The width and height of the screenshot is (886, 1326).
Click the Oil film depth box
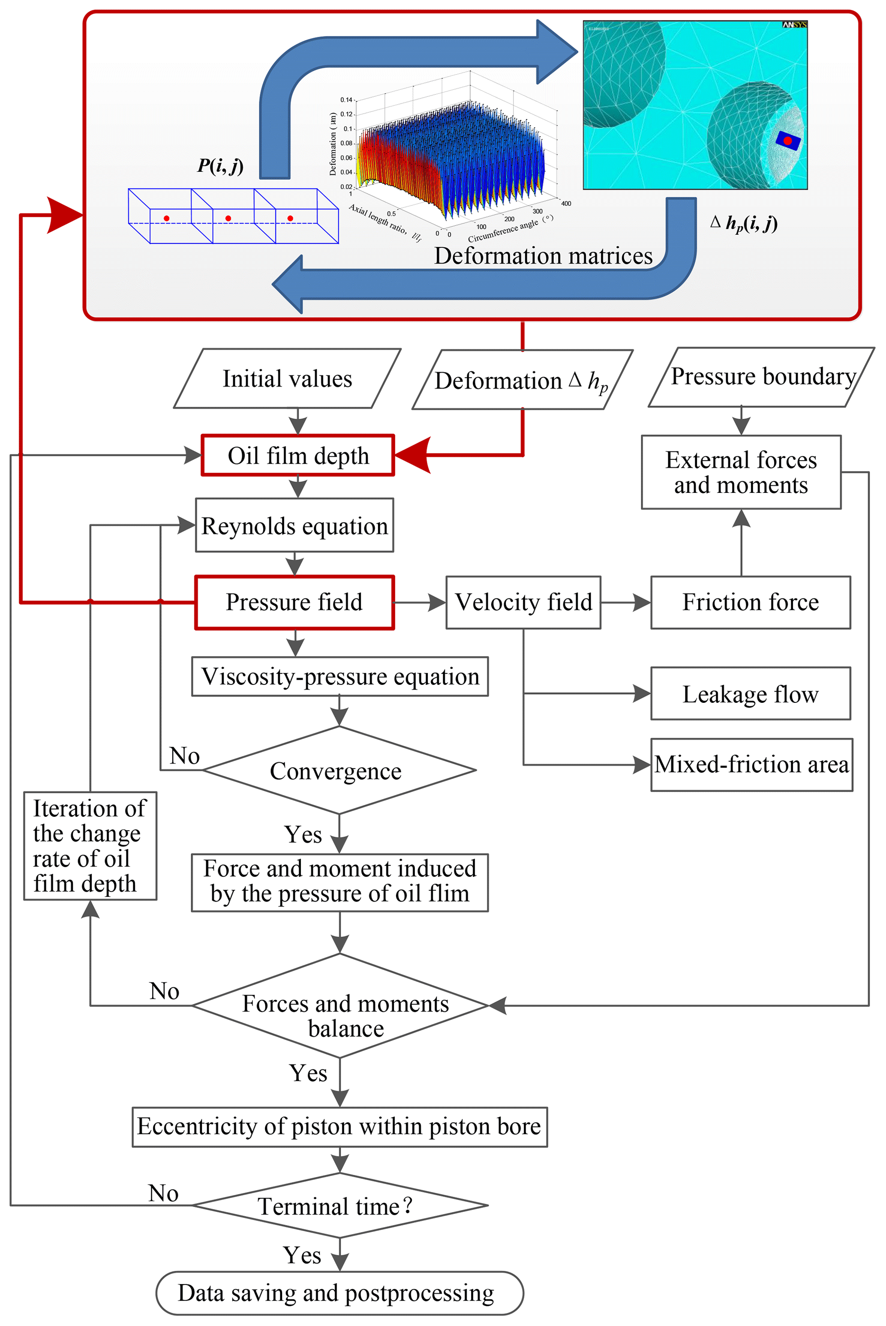pyautogui.click(x=298, y=456)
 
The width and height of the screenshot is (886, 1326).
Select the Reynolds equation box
pyautogui.click(x=294, y=525)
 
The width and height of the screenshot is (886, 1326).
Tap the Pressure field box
pyautogui.click(x=294, y=602)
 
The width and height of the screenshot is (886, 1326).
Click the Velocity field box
pyautogui.click(x=523, y=602)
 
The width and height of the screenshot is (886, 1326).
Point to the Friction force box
pyautogui.click(x=751, y=602)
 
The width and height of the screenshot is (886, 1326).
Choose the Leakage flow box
pyautogui.click(x=751, y=694)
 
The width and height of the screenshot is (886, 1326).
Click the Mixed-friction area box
pyautogui.click(x=751, y=765)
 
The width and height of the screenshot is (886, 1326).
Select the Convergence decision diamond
pyautogui.click(x=339, y=771)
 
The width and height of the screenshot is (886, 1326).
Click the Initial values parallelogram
pyautogui.click(x=287, y=378)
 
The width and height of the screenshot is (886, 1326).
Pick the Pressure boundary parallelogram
pyautogui.click(x=762, y=377)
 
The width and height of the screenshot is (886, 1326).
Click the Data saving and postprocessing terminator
pyautogui.click(x=339, y=1293)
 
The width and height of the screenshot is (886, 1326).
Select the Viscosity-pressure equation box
pyautogui.click(x=339, y=676)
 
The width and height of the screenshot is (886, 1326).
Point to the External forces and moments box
pyautogui.click(x=741, y=472)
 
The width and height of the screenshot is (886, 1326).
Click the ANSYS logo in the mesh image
pyautogui.click(x=794, y=25)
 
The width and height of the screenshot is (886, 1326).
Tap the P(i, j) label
pyautogui.click(x=220, y=165)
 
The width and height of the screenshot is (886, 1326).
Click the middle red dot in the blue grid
pyautogui.click(x=228, y=218)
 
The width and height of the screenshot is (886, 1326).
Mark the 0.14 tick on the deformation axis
pyautogui.click(x=346, y=100)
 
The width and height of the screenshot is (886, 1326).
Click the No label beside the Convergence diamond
pyautogui.click(x=185, y=756)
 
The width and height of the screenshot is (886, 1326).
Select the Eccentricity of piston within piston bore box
pyautogui.click(x=339, y=1127)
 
